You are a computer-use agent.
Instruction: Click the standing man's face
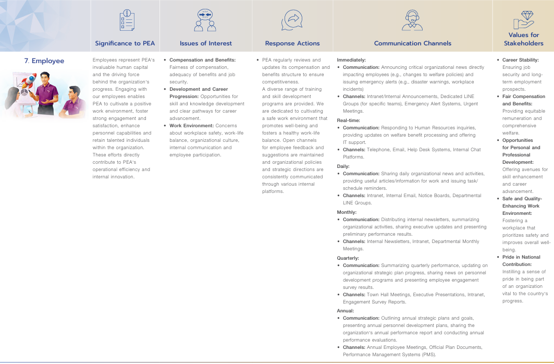(x=46, y=80)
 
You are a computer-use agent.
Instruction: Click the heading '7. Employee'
(x=44, y=61)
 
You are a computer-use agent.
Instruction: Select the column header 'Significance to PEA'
(x=125, y=43)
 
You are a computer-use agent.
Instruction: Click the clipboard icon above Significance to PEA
(x=126, y=21)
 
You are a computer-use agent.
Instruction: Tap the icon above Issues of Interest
(x=205, y=21)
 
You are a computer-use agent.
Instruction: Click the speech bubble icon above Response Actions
(x=292, y=21)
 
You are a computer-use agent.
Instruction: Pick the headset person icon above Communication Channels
(x=413, y=21)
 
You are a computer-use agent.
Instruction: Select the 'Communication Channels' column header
(x=413, y=43)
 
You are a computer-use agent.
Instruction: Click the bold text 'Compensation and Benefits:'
(x=202, y=60)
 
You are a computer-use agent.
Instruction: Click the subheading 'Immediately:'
(x=351, y=60)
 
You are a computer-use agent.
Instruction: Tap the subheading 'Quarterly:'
(x=348, y=258)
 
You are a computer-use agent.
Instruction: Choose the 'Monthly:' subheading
(x=347, y=212)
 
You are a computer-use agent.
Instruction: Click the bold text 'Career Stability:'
(x=521, y=60)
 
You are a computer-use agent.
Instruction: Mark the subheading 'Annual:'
(x=345, y=310)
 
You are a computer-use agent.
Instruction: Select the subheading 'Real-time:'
(x=349, y=120)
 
